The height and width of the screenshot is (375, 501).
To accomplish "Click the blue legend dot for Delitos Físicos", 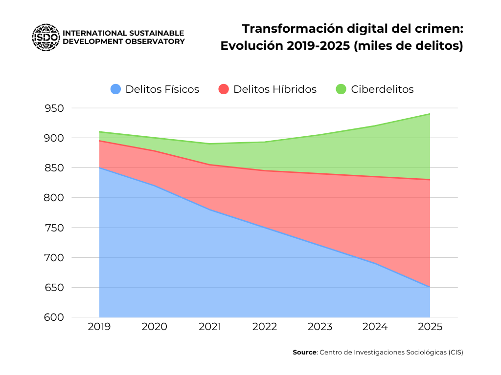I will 115,89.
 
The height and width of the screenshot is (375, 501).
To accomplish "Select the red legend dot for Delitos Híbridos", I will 224,89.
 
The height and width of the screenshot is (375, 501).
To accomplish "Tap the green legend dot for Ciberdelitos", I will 341,89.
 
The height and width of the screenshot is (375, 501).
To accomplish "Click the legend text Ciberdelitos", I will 382,89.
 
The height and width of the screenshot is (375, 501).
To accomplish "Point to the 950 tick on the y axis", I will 54,108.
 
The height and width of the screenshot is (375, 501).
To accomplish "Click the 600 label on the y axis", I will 54,317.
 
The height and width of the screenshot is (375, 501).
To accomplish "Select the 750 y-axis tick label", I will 54,228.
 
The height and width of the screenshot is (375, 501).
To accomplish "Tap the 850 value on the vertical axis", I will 54,168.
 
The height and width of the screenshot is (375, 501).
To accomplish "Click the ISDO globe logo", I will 46,37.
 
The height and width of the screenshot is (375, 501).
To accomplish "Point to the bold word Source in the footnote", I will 304,352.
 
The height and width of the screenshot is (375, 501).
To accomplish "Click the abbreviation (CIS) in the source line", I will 455,352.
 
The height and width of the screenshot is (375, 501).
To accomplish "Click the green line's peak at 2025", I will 430,114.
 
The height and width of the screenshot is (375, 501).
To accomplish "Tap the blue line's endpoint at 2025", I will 430,287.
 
